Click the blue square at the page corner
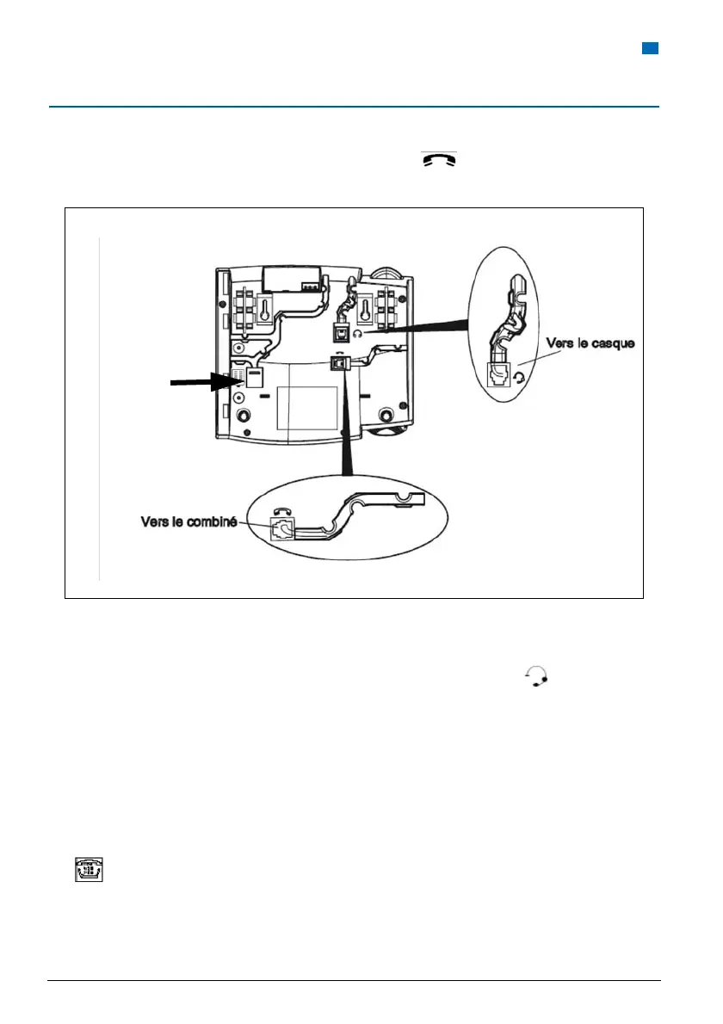(651, 48)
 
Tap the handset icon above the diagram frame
(438, 159)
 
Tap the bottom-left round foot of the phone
(244, 414)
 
